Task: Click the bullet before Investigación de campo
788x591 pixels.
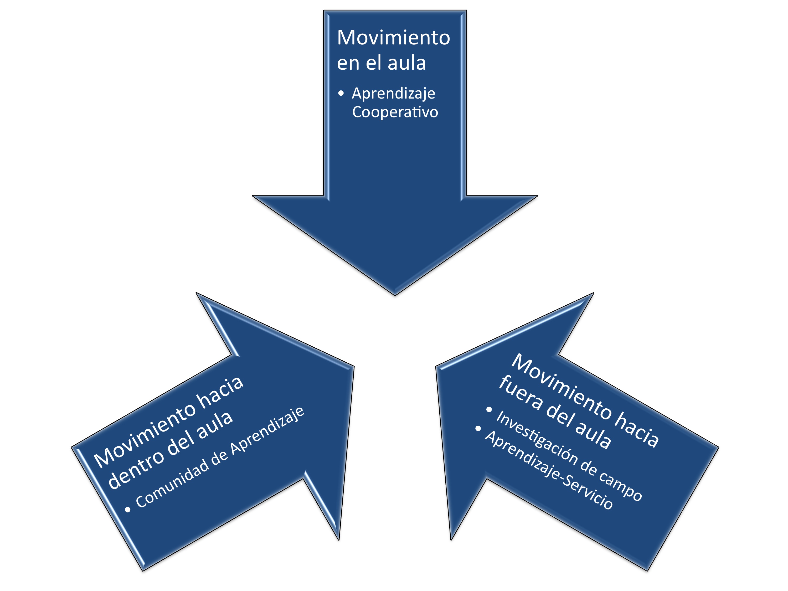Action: [489, 410]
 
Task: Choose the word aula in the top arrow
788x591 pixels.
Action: [406, 63]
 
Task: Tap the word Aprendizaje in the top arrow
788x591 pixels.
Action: [393, 93]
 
